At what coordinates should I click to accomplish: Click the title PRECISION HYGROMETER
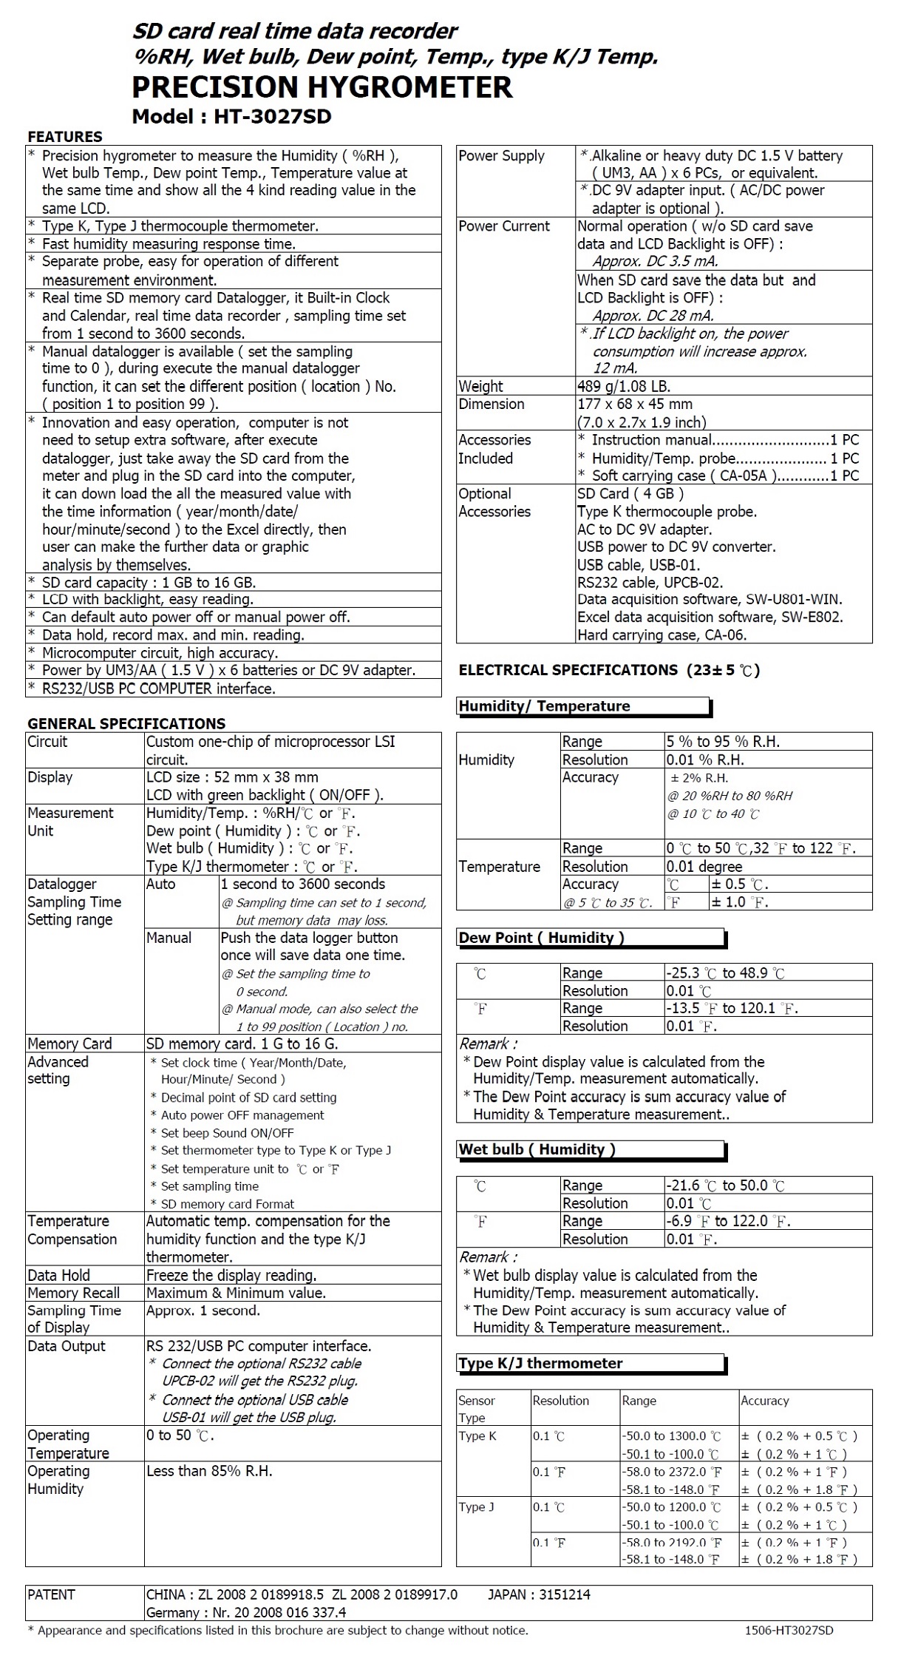pos(322,87)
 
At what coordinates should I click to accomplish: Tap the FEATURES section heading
pos(65,137)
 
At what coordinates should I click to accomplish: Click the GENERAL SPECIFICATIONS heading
pos(126,723)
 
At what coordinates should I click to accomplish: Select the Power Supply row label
pos(501,156)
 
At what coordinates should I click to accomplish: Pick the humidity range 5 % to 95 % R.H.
pos(722,742)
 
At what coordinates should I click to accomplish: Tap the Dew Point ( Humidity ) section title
pos(541,938)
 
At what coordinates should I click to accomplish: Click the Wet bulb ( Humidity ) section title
pos(537,1149)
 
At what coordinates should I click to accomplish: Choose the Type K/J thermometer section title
pos(540,1363)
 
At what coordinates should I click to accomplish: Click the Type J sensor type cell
pos(477,1507)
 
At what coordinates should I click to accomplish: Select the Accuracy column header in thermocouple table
pos(764,1401)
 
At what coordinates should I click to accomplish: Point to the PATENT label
pos(51,1594)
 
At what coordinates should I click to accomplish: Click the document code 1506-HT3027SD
pos(789,1631)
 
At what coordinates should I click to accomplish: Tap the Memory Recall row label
pos(73,1293)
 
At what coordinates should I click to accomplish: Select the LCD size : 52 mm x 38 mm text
pos(232,777)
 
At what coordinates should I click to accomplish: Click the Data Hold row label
pos(58,1275)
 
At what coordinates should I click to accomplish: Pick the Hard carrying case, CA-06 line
pos(662,635)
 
